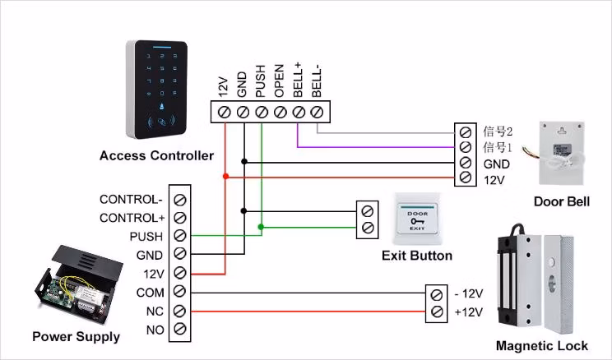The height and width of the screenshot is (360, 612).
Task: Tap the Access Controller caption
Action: coord(156,155)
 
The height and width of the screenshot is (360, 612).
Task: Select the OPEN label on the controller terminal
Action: coord(279,80)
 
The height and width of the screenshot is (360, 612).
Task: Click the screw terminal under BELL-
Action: coord(318,111)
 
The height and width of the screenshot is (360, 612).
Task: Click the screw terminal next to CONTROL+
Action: coord(179,218)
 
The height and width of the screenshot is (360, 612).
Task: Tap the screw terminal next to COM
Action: coord(179,293)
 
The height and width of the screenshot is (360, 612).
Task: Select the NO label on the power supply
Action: coord(155,330)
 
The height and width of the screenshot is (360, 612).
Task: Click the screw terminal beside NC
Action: coord(179,312)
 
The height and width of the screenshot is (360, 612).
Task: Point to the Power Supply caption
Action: coord(76,336)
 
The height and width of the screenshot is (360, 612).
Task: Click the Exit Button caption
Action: coord(417,256)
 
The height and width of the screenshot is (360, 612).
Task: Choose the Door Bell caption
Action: coord(562,201)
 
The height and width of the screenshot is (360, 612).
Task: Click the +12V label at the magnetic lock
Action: coord(469,312)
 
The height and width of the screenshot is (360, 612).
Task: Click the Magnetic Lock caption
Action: coord(542,346)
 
